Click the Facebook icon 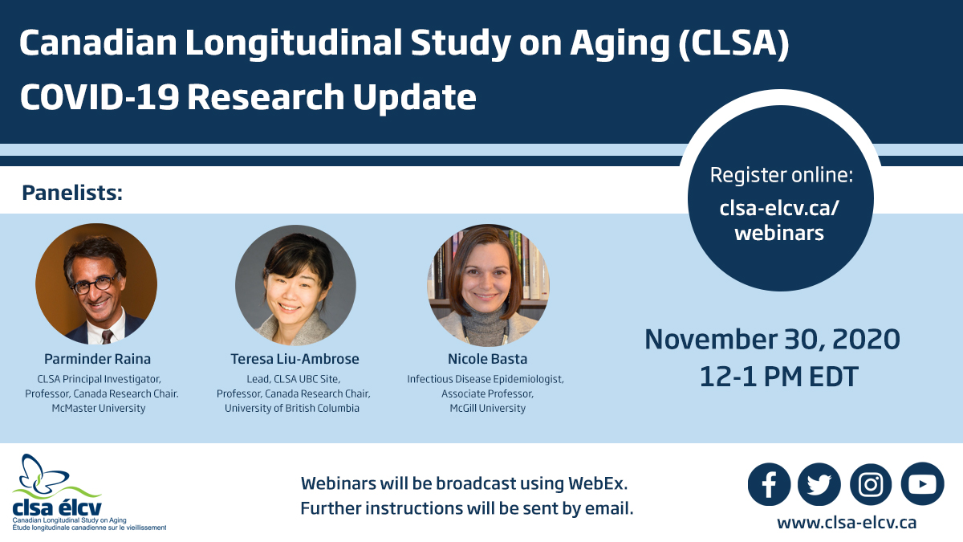[x=769, y=484]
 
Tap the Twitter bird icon [x=819, y=484]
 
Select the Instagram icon [x=871, y=484]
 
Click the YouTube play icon [x=922, y=484]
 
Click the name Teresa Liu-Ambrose [x=295, y=359]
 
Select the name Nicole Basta [x=487, y=359]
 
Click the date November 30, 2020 [x=772, y=339]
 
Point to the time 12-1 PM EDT [x=772, y=376]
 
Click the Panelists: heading [x=73, y=193]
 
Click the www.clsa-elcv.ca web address [x=846, y=523]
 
